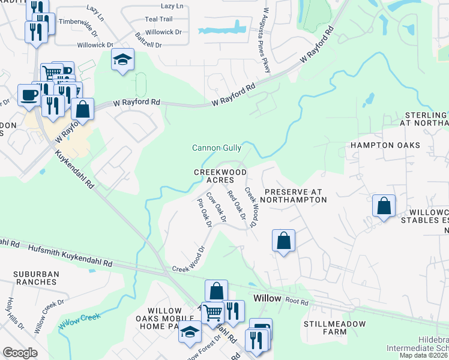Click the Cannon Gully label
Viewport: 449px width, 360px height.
pos(217,148)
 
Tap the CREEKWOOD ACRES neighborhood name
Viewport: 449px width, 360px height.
pos(220,176)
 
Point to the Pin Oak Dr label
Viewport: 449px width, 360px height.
pos(205,213)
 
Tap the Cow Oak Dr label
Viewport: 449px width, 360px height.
pos(215,208)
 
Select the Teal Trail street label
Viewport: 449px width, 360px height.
pos(158,19)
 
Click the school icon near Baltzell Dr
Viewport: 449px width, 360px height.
pos(123,59)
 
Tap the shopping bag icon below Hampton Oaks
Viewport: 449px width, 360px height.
pos(384,206)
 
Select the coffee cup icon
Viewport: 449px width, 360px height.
pos(29,95)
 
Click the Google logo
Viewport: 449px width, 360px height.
pos(20,353)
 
